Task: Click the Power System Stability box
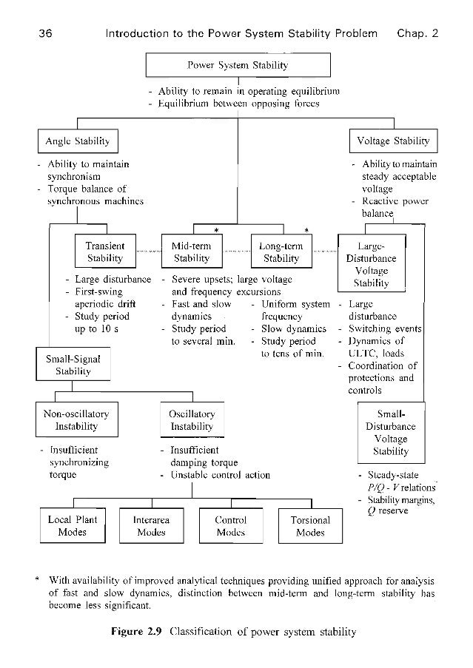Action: (x=237, y=65)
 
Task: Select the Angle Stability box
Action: (x=78, y=141)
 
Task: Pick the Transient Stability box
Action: (x=105, y=252)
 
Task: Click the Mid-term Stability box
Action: (x=192, y=252)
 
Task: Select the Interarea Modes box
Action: (x=151, y=526)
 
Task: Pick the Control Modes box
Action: (x=230, y=526)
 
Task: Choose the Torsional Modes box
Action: (x=310, y=526)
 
